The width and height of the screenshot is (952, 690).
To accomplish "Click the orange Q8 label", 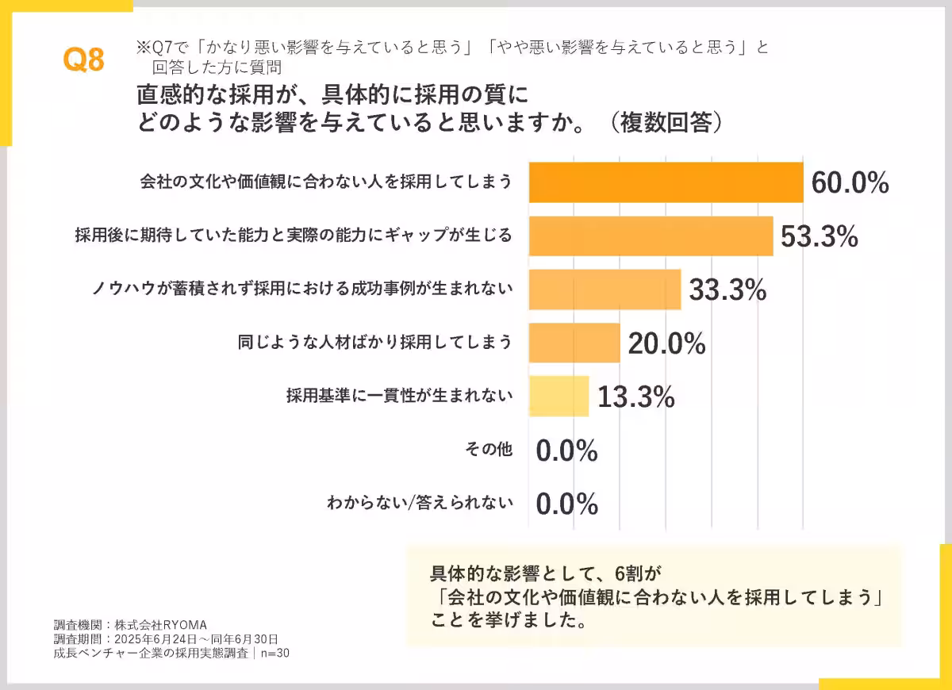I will [x=84, y=60].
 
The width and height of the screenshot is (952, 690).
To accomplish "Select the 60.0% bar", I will [x=666, y=182].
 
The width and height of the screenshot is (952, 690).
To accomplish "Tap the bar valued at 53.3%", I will [x=651, y=236].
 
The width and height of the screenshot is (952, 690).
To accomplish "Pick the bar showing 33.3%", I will [x=605, y=289].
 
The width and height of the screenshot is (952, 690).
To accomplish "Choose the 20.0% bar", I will [x=574, y=343].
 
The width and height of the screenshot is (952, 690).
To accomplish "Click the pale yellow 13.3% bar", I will [x=559, y=397].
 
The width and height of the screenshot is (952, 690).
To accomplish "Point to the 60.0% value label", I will [x=850, y=183].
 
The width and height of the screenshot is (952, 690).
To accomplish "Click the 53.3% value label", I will [x=820, y=236].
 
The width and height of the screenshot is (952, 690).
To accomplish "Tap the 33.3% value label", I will [x=727, y=290].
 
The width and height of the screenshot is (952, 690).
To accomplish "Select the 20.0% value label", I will [x=666, y=343].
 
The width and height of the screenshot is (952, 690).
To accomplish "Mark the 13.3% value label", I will [x=635, y=397].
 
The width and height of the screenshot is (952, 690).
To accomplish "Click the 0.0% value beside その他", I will [x=566, y=450].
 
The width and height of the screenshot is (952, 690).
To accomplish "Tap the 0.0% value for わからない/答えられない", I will [x=566, y=504].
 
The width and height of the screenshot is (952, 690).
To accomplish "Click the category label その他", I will [x=488, y=450].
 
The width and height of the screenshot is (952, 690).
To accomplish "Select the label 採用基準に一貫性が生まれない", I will [x=399, y=396].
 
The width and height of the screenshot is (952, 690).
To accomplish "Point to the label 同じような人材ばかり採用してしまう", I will [x=374, y=343].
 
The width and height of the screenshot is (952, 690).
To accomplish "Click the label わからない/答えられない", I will [x=420, y=503].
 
